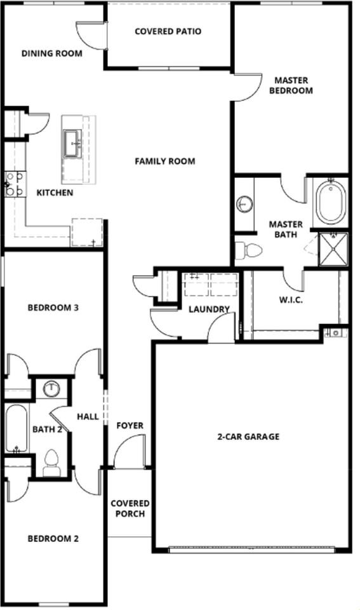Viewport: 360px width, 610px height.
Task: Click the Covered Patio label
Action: click(168, 31)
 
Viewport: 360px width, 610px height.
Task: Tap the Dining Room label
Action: click(52, 53)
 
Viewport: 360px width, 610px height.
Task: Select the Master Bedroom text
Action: click(291, 86)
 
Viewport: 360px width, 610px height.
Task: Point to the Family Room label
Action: click(164, 161)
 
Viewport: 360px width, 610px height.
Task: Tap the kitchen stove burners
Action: click(15, 184)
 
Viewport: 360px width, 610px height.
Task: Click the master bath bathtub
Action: click(331, 201)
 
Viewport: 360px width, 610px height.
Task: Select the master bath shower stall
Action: click(333, 248)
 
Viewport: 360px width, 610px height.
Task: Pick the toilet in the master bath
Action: click(249, 250)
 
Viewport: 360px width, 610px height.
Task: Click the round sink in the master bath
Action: click(244, 205)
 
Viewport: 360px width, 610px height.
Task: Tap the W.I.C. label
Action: click(291, 299)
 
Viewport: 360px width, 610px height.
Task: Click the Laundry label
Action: click(209, 309)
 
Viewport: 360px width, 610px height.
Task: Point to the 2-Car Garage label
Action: click(248, 437)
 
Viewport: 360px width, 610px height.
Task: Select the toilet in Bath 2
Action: click(51, 461)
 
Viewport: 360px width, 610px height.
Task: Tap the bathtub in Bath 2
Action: click(16, 429)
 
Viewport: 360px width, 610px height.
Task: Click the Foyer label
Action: click(130, 426)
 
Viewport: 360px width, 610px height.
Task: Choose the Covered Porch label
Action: click(130, 508)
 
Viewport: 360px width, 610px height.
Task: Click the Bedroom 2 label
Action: click(53, 539)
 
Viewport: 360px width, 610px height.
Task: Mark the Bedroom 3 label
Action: click(53, 308)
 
